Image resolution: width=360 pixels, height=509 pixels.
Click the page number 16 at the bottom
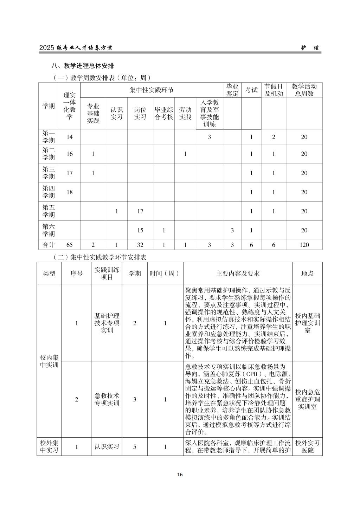[x=180, y=475]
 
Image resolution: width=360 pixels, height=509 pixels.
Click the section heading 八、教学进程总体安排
[x=83, y=66]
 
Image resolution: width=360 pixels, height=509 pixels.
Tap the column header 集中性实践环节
[x=152, y=90]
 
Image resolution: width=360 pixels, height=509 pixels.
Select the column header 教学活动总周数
[x=304, y=90]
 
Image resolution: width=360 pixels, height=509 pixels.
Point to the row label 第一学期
[x=49, y=137]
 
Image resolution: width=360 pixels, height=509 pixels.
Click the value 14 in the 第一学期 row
[x=70, y=137]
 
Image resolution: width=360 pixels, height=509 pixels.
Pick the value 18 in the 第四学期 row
[x=70, y=192]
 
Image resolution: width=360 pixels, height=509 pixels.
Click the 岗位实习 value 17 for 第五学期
[x=140, y=211]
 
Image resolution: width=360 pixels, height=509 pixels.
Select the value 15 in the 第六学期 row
[x=140, y=230]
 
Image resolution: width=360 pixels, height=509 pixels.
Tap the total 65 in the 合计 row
[x=70, y=245]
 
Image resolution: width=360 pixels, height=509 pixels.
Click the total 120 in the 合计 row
[x=304, y=245]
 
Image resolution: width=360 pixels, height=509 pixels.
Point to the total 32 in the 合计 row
[x=140, y=245]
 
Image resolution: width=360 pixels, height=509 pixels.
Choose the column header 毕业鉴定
[x=232, y=90]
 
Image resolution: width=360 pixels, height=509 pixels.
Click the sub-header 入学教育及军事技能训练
[x=209, y=113]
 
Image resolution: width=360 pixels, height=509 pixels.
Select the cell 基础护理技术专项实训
[x=107, y=323]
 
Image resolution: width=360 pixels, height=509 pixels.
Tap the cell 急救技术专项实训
[x=107, y=399]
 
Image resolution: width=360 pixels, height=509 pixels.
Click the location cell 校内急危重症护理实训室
[x=307, y=399]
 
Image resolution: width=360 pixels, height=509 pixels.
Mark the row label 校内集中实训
[x=49, y=361]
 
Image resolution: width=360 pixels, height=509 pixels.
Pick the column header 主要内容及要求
[x=238, y=273]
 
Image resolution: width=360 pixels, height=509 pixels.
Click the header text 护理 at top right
[x=310, y=48]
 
